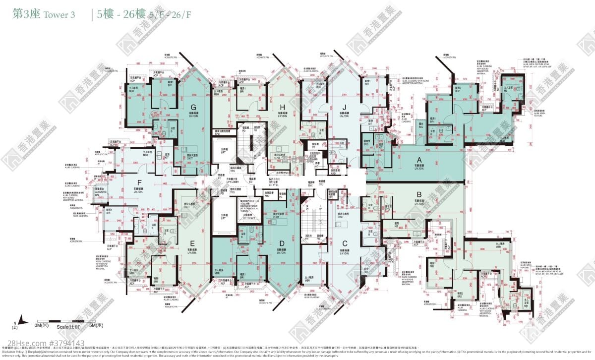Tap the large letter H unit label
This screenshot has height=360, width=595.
click(282, 106)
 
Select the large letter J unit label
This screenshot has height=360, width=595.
click(343, 106)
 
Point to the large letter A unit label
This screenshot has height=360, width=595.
click(419, 160)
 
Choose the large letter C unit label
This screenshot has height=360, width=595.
click(343, 243)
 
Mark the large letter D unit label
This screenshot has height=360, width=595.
click(282, 243)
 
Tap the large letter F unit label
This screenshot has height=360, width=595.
click(139, 182)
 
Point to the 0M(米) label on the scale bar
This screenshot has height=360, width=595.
click(41, 325)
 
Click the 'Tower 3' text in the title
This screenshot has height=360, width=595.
click(59, 14)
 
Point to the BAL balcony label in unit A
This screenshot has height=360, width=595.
click(421, 126)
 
